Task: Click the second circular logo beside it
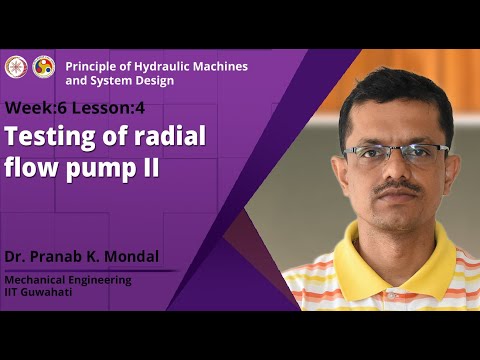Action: (x=44, y=67)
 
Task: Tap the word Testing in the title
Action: (x=47, y=137)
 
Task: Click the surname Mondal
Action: (x=134, y=256)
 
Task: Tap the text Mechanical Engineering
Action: (x=67, y=280)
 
